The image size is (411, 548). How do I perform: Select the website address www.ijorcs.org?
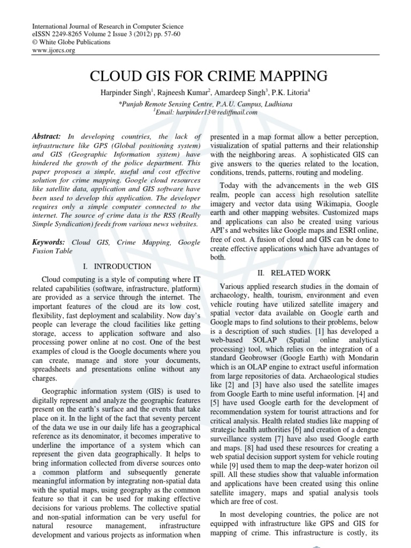click(54, 50)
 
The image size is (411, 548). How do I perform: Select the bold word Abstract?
click(46, 137)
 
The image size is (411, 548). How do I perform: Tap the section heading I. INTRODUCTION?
click(117, 266)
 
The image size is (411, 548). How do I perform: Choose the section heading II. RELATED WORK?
click(294, 273)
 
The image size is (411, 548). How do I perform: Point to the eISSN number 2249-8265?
click(65, 34)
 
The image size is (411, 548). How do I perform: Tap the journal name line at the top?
click(108, 26)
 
